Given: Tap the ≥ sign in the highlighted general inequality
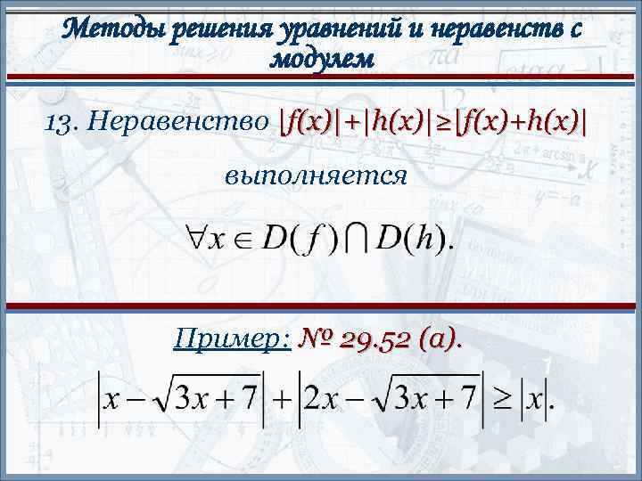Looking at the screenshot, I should [x=446, y=121].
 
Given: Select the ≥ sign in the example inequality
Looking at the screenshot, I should [x=504, y=400].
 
